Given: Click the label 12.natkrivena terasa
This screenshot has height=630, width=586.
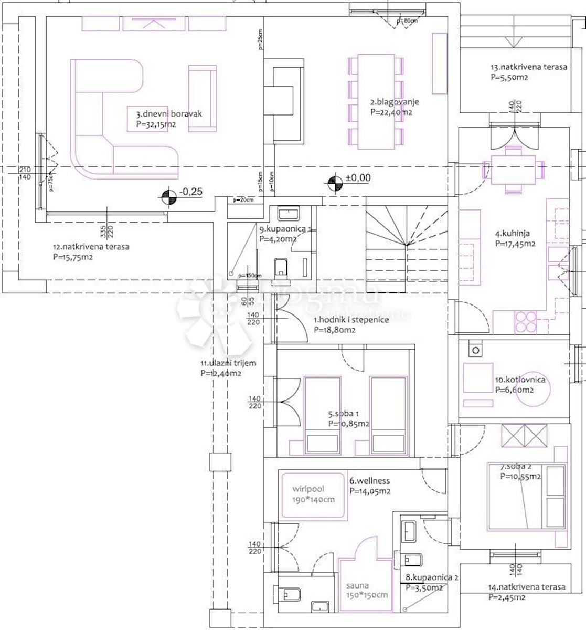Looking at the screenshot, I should click(x=91, y=246).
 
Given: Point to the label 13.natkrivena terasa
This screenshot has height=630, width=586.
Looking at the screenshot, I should click(x=528, y=67).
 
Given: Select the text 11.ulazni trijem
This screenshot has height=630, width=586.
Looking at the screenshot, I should click(x=228, y=363).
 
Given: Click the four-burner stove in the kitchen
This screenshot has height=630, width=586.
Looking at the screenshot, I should click(x=526, y=322).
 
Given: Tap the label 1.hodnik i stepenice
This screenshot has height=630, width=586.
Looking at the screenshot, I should click(x=351, y=319).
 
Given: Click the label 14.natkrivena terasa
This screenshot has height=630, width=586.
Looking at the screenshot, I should click(x=526, y=587).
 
